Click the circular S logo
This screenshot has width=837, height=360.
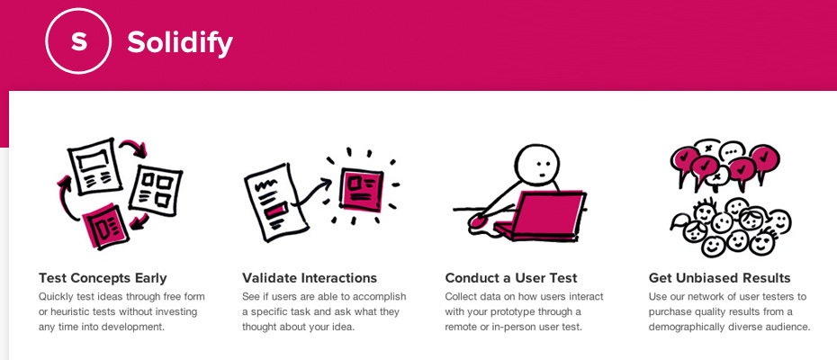click(79, 41)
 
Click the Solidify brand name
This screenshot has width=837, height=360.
click(180, 41)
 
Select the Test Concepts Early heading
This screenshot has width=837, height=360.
click(103, 278)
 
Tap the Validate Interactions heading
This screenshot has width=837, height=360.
click(310, 278)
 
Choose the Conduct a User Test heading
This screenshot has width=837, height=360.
click(511, 278)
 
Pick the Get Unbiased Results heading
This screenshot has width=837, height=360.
click(720, 278)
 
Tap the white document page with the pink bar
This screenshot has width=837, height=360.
click(270, 202)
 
